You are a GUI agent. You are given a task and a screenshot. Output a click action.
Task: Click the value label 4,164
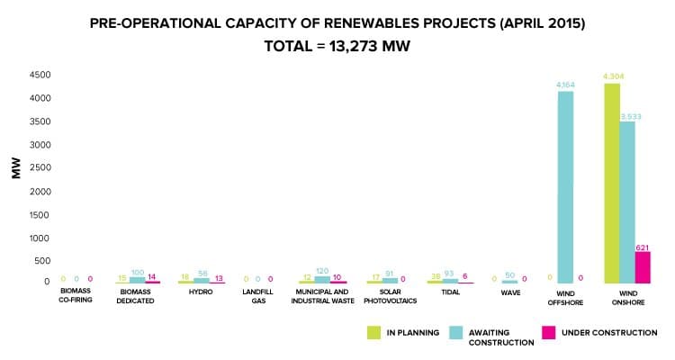[x=565, y=85]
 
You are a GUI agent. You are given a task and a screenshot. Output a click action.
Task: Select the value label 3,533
[x=628, y=115]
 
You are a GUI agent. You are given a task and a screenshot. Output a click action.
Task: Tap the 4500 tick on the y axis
[x=40, y=75]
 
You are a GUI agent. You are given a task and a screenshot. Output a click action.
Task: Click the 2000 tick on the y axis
[x=40, y=191]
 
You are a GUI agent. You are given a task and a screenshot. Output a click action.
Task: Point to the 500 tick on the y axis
[x=42, y=261]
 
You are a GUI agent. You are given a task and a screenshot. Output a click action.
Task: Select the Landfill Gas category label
[x=257, y=296]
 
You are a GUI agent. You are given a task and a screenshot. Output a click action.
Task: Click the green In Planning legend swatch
[x=373, y=332]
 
